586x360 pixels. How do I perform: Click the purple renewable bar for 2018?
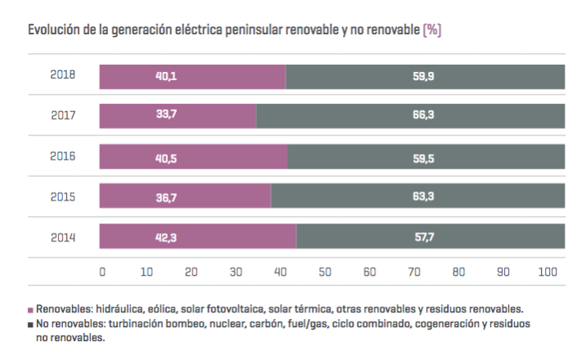193,76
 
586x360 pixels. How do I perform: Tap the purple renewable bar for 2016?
194,156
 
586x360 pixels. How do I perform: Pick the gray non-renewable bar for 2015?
418,196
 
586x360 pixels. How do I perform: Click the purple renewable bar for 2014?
198,236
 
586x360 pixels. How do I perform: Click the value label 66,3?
424,115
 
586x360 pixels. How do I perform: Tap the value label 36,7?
167,196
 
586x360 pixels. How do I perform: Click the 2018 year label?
63,75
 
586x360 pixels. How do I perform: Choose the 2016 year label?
63,156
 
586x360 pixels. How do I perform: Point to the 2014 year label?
63,237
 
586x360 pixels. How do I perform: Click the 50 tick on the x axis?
325,272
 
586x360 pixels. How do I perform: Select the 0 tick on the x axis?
102,272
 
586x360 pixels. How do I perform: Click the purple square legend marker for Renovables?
31,310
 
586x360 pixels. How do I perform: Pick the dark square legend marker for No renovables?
31,325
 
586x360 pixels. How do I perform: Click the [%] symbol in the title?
432,30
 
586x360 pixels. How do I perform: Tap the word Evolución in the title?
54,30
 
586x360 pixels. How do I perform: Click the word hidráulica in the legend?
122,309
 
